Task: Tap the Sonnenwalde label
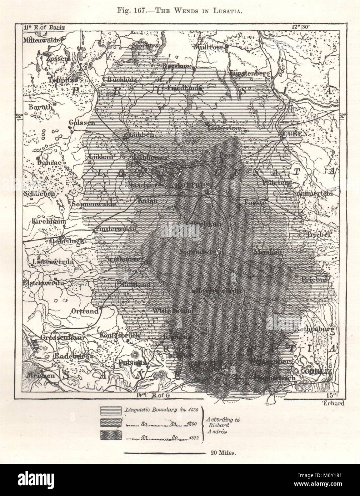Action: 94,204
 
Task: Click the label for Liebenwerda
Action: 53,262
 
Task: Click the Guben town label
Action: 295,134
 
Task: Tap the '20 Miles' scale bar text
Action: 221,452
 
